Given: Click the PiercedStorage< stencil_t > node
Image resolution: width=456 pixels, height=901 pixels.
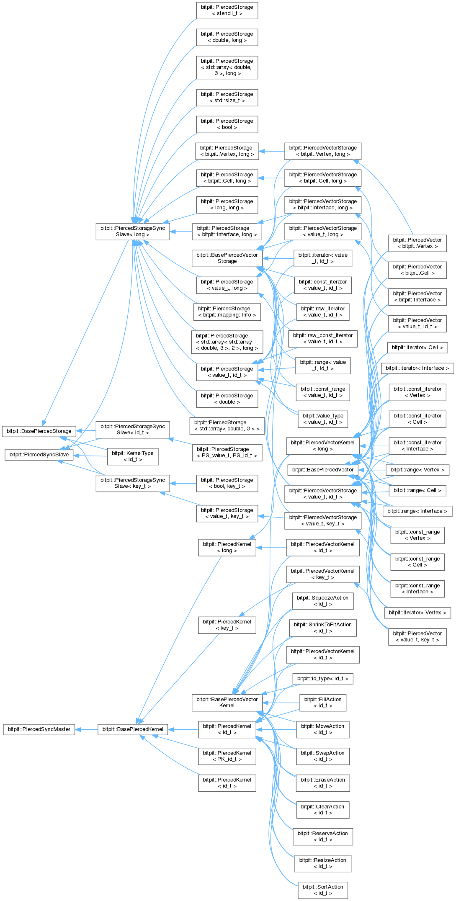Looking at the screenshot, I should click(x=227, y=10).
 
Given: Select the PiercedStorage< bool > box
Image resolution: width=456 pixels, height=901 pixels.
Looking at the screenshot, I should click(x=227, y=124).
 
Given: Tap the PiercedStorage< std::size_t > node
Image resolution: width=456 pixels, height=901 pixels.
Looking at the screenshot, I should click(x=227, y=98).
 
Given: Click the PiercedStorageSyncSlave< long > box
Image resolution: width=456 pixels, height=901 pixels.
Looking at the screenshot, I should click(x=133, y=232).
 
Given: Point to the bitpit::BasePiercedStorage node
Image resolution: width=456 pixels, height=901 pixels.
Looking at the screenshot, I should click(x=39, y=431).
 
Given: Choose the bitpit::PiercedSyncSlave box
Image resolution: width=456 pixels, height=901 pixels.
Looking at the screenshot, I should click(x=39, y=454).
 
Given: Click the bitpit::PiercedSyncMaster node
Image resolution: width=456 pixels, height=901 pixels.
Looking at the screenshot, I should click(x=39, y=729).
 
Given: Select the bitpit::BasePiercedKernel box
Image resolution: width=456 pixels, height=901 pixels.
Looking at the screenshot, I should click(x=133, y=729).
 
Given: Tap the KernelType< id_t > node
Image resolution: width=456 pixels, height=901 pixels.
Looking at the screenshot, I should click(x=133, y=456).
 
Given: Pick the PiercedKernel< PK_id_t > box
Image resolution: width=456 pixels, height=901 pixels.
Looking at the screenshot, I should click(x=227, y=756).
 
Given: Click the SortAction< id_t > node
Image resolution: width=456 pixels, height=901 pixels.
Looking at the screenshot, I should click(x=323, y=890).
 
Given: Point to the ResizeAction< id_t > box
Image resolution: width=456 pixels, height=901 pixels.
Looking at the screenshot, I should click(x=323, y=863).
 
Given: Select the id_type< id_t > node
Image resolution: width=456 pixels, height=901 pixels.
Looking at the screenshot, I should click(x=323, y=679).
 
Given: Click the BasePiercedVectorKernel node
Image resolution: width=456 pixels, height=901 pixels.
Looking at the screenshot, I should click(x=227, y=703).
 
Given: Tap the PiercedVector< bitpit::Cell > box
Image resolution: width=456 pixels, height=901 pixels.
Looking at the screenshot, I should click(x=417, y=270).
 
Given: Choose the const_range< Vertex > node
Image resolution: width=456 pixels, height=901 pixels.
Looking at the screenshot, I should click(x=417, y=535).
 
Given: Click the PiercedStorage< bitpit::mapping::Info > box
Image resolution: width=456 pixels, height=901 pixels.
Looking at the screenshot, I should click(x=227, y=312).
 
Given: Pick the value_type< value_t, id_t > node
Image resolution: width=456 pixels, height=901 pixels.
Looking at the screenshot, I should click(x=323, y=419).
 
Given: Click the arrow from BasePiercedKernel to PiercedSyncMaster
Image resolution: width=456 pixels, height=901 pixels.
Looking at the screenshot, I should click(x=87, y=729).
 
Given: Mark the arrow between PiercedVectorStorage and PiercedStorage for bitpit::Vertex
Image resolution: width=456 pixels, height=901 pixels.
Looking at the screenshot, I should click(x=271, y=151).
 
